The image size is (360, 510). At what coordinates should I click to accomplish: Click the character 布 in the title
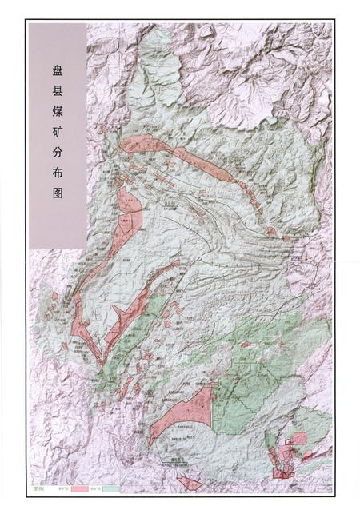(57, 194)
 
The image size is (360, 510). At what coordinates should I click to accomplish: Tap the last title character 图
(57, 219)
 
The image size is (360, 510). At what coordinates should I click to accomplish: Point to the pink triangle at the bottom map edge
(190, 482)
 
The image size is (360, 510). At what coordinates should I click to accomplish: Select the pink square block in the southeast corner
(298, 438)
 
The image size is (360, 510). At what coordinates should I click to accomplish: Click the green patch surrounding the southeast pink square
(314, 424)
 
